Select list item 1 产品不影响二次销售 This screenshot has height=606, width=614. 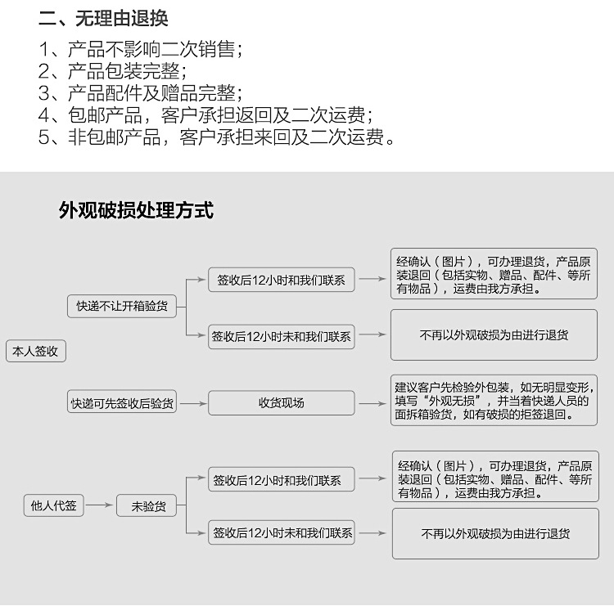[x=141, y=49]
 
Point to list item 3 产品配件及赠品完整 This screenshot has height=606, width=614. [x=140, y=92]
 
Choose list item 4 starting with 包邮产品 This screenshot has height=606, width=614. [x=206, y=114]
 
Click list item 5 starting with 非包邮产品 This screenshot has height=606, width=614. [x=218, y=137]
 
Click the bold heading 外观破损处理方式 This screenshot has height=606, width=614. [x=136, y=211]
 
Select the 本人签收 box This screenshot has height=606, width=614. [x=36, y=351]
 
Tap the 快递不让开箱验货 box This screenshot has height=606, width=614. [x=122, y=306]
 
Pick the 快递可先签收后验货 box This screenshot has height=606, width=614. [x=122, y=402]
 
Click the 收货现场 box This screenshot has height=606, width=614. [x=281, y=402]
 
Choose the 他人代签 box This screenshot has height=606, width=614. [x=53, y=505]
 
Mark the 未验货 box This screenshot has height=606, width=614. [x=148, y=506]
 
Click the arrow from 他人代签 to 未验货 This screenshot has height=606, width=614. [x=99, y=505]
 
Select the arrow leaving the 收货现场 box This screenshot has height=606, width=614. [x=372, y=402]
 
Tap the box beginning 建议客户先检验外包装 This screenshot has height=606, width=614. [x=493, y=400]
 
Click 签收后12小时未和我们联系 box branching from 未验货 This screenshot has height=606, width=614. [x=282, y=533]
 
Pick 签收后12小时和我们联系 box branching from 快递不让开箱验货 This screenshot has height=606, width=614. [x=281, y=280]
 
